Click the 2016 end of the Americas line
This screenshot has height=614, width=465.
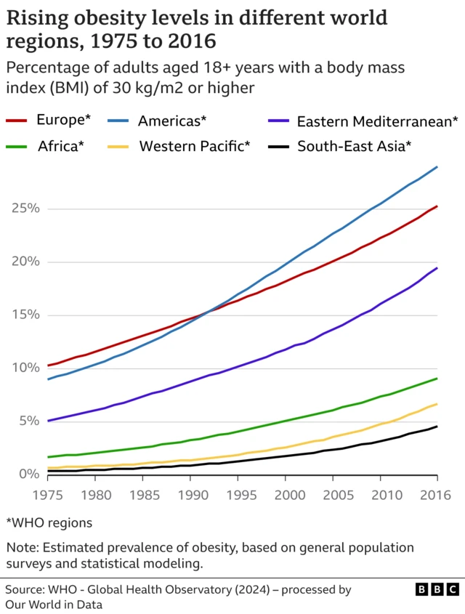point(437,167)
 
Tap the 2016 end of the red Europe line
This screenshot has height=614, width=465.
point(437,206)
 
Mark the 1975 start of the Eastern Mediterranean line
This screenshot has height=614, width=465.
point(48,421)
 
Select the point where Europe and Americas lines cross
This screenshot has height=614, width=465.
point(209,311)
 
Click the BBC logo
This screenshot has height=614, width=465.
point(437,589)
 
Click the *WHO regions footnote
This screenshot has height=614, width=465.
point(49,522)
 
